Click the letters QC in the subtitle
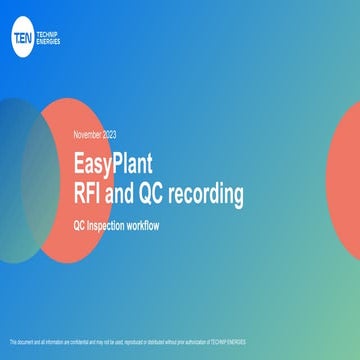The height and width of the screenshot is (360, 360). [x=81, y=225]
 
